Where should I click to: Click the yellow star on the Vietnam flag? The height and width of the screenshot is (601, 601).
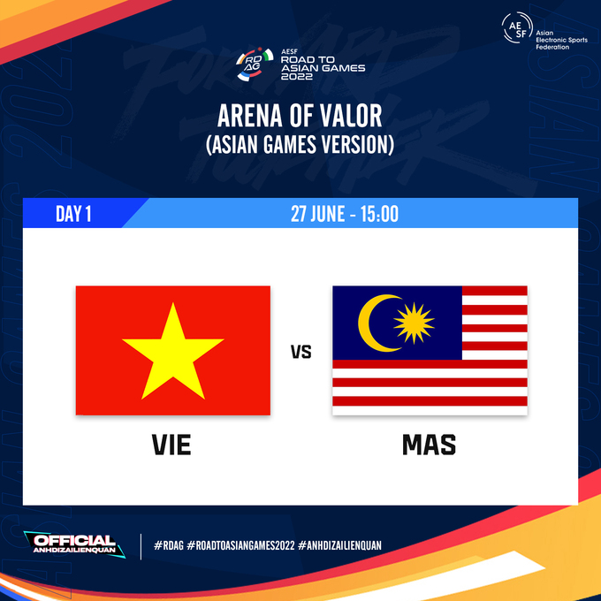tap(173, 354)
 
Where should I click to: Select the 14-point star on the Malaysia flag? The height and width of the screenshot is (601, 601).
tap(414, 323)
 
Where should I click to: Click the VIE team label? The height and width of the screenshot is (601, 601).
tap(171, 445)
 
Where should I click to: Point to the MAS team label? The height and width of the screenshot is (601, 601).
tap(429, 445)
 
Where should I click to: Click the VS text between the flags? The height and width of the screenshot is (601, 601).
tap(300, 352)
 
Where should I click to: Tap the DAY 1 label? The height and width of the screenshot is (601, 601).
tap(73, 214)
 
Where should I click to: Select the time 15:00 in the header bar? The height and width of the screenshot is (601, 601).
tap(379, 214)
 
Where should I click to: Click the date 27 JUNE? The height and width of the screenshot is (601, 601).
tap(318, 214)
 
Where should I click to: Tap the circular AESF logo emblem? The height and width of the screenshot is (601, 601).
tap(517, 28)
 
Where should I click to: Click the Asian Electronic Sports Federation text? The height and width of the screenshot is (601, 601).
tap(561, 40)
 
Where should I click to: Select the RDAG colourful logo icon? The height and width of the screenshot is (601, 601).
tap(255, 64)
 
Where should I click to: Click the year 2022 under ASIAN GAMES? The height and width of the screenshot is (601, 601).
tap(297, 77)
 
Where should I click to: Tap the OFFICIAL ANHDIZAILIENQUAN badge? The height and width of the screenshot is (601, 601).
tap(74, 544)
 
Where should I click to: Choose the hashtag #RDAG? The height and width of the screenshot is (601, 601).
tap(169, 545)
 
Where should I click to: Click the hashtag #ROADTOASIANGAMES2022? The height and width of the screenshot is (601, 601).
tap(240, 545)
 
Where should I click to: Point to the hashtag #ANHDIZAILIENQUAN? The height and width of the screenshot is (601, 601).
tap(339, 545)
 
